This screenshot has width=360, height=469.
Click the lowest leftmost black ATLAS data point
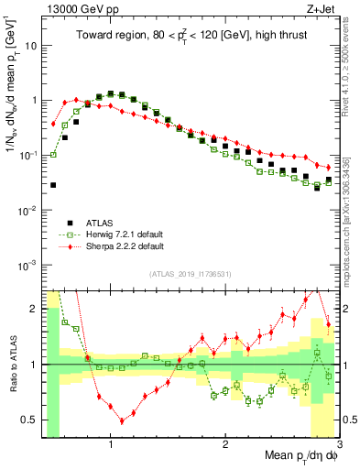[53, 185]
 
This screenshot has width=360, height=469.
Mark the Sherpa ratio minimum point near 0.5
[122, 421]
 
